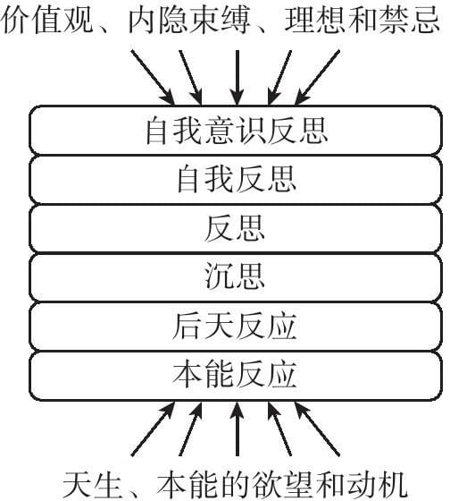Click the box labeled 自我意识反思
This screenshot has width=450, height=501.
pyautogui.click(x=236, y=131)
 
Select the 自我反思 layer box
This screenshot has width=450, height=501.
pyautogui.click(x=236, y=180)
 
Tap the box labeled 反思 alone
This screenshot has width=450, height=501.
pyautogui.click(x=236, y=228)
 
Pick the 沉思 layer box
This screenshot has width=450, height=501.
pyautogui.click(x=236, y=277)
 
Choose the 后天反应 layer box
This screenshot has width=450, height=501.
pyautogui.click(x=236, y=327)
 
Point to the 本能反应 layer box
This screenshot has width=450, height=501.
pyautogui.click(x=236, y=376)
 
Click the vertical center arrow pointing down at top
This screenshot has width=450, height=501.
pyautogui.click(x=237, y=78)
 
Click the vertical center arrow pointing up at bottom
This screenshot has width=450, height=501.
pyautogui.click(x=237, y=429)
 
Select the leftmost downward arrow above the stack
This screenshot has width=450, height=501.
pyautogui.click(x=153, y=78)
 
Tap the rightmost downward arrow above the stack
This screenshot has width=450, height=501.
pyautogui.click(x=317, y=78)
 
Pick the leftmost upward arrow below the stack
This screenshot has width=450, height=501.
pyautogui.click(x=153, y=429)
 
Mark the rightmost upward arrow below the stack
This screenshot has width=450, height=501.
pyautogui.click(x=317, y=429)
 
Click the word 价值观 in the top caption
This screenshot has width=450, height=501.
pyautogui.click(x=48, y=20)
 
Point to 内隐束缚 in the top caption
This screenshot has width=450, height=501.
pyautogui.click(x=188, y=20)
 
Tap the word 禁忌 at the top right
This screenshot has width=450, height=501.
pyautogui.click(x=409, y=20)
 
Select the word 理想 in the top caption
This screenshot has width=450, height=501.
pyautogui.click(x=315, y=20)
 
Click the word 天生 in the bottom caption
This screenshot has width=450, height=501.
pyautogui.click(x=93, y=484)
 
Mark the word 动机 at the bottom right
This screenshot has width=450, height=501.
pyautogui.click(x=377, y=484)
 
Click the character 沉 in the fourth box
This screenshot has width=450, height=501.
pyautogui.click(x=220, y=276)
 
